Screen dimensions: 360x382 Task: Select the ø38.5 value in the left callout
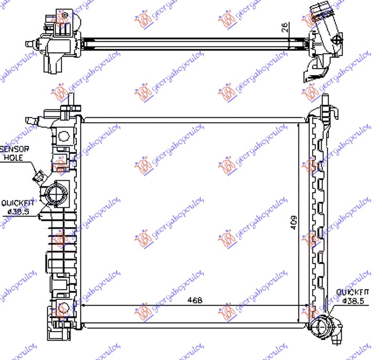click(x=16, y=210)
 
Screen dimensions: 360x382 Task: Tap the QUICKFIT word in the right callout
click(x=350, y=292)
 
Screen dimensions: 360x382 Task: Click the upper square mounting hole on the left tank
click(x=63, y=137)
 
